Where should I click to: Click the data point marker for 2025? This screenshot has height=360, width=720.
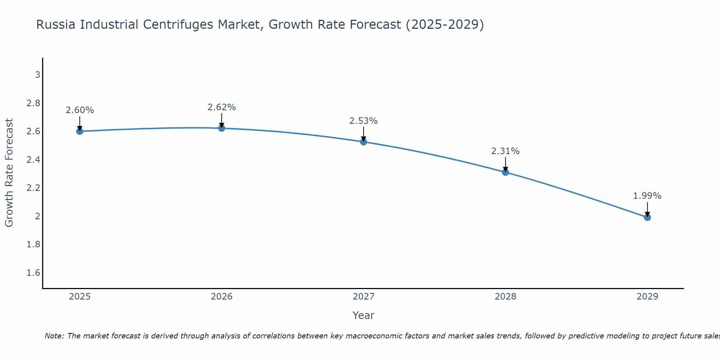click(80, 131)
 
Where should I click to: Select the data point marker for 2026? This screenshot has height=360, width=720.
click(222, 128)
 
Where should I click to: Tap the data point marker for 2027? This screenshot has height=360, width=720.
click(364, 142)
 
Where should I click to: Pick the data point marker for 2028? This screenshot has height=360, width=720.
click(505, 172)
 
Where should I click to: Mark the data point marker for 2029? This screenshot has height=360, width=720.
click(647, 217)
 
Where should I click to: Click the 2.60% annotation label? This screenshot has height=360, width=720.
click(80, 110)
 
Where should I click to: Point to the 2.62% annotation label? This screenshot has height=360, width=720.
click(222, 107)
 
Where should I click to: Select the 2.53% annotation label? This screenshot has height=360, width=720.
click(364, 121)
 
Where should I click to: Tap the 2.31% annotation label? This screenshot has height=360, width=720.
click(505, 151)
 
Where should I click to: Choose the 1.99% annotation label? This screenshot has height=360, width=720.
click(647, 196)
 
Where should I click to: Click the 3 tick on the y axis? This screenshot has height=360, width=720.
click(37, 75)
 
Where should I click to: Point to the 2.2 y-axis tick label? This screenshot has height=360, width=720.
click(33, 188)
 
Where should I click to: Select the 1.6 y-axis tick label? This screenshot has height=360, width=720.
click(33, 273)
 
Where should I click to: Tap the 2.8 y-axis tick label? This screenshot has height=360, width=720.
click(33, 103)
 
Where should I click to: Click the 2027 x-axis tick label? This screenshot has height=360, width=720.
click(364, 297)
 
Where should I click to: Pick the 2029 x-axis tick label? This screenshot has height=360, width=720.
click(647, 297)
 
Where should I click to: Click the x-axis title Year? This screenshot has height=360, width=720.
click(364, 315)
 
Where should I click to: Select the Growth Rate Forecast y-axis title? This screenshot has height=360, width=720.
click(9, 173)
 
